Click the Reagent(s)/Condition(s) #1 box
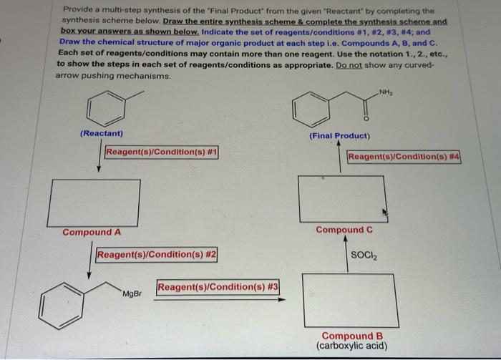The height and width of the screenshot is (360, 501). click(161, 152)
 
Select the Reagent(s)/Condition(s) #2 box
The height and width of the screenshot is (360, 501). click(156, 255)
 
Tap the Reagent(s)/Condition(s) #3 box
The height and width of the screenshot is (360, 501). click(218, 288)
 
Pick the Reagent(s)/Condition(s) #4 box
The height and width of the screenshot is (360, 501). click(403, 157)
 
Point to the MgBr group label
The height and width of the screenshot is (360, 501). click(132, 294)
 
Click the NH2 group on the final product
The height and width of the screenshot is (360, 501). click(386, 91)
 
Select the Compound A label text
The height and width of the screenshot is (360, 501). click(91, 233)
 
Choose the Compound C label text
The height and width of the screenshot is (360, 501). click(344, 230)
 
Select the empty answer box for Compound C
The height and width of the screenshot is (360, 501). click(342, 198)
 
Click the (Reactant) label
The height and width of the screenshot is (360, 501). click(102, 134)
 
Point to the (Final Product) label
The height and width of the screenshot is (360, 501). click(339, 136)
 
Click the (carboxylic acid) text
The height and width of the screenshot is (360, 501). click(351, 346)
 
